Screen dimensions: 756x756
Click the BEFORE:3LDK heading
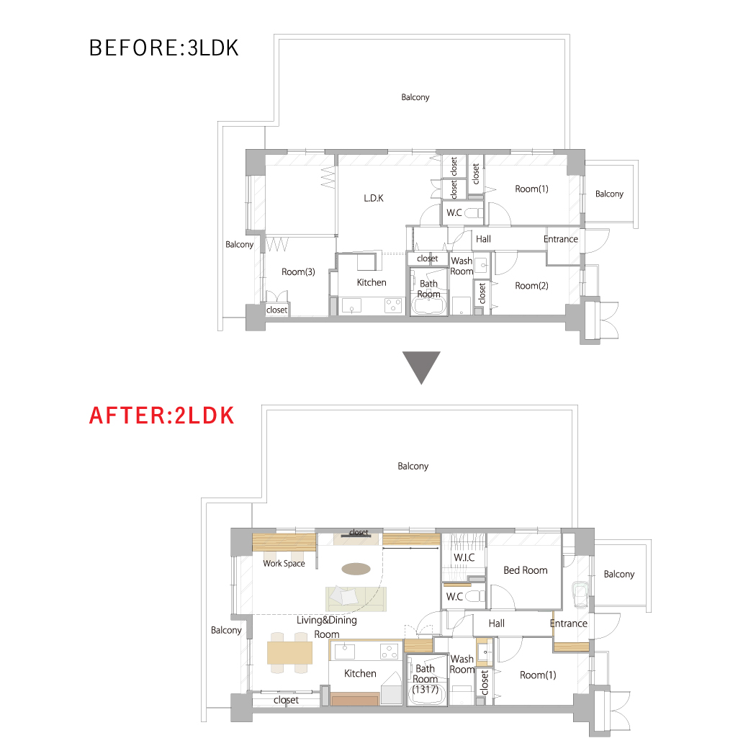164,48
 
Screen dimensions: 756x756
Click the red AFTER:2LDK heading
162,415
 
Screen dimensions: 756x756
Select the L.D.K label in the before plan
374,198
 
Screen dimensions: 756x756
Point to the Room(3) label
299,272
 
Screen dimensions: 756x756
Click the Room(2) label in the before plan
532,286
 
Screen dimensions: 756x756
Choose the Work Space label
284,563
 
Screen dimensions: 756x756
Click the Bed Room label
526,570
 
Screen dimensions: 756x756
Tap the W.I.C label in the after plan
464,558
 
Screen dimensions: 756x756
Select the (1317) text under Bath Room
426,690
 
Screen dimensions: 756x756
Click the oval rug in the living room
356,570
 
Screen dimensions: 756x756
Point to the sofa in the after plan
356,599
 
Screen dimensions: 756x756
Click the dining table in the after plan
289,653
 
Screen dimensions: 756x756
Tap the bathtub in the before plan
428,306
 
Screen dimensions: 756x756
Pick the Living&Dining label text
327,620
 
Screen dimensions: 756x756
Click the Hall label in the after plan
497,624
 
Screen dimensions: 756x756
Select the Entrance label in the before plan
561,239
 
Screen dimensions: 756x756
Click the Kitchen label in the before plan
372,282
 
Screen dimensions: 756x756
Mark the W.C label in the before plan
454,212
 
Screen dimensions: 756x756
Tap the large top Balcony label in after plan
413,467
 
